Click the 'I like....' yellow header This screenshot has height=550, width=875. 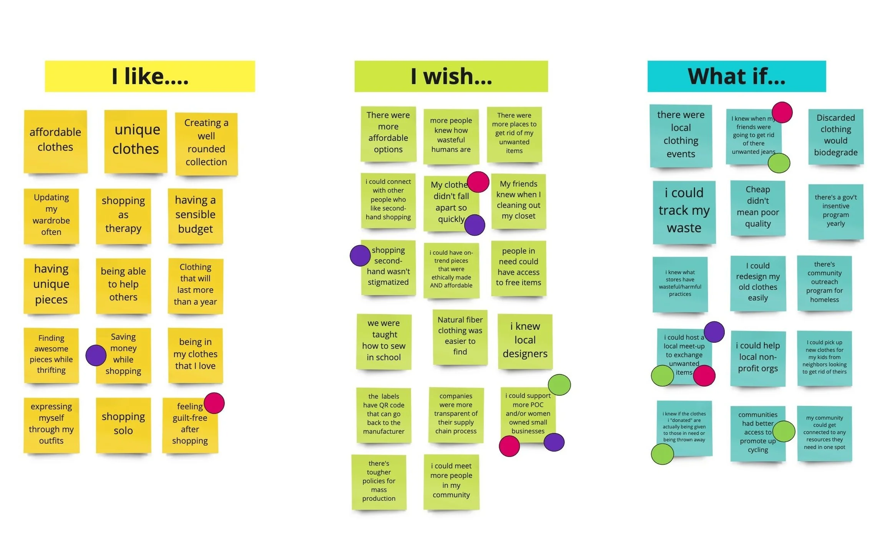(x=149, y=76)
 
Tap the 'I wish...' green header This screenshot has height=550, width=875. (x=451, y=76)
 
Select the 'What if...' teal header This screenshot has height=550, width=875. (x=736, y=76)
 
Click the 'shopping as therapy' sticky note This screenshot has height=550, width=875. (x=123, y=215)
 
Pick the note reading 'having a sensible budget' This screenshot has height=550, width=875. (x=195, y=215)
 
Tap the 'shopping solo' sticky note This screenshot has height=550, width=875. (x=123, y=424)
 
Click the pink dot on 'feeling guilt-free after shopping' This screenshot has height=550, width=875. (x=214, y=403)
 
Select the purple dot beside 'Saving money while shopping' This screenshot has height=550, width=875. (x=96, y=355)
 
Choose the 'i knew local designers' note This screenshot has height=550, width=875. (x=525, y=341)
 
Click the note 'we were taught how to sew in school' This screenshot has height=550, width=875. (x=384, y=341)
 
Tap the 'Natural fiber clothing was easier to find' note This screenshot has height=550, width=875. (x=460, y=336)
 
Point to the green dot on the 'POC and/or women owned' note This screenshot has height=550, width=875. (x=559, y=385)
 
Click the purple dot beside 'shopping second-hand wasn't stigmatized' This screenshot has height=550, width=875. (x=360, y=256)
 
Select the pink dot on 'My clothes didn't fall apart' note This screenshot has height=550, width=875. (x=478, y=182)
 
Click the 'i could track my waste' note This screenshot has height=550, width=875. (x=684, y=211)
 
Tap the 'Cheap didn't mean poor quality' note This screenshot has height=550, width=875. (x=758, y=207)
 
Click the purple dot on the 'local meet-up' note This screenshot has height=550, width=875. (x=714, y=332)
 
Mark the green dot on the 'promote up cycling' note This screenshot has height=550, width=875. (x=784, y=431)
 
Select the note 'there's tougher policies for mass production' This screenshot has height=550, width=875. (x=379, y=482)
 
